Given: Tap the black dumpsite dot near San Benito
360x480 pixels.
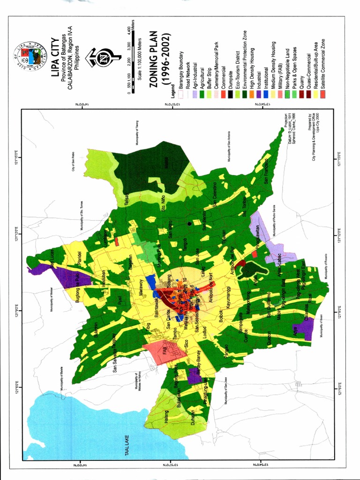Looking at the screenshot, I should [189, 224].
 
